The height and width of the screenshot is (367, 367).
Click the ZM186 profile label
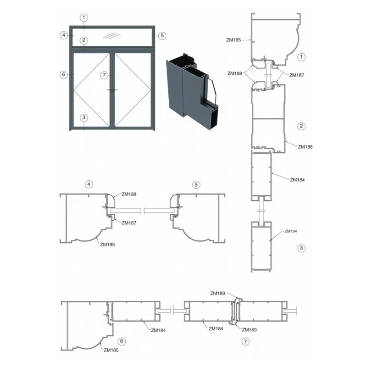click(305, 147)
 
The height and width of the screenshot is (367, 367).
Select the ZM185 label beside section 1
click(234, 40)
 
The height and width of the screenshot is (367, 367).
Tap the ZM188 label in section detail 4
click(129, 194)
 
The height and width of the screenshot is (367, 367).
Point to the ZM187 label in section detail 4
click(129, 223)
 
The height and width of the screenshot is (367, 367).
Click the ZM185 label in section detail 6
click(111, 350)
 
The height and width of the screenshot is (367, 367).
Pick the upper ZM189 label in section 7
click(217, 293)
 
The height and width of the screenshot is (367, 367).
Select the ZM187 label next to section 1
click(296, 75)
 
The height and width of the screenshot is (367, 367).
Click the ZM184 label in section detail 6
click(158, 330)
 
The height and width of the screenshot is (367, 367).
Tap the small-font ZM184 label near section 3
click(291, 231)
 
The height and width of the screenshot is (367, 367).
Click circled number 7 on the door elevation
click(104, 75)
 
